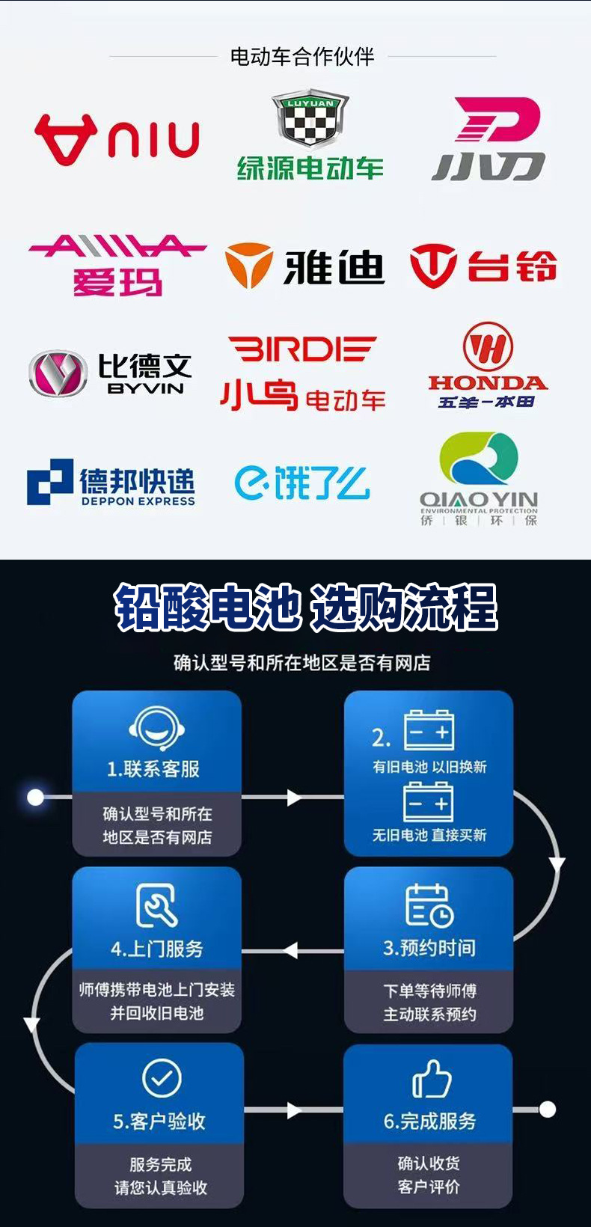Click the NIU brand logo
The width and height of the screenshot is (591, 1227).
pyautogui.click(x=117, y=138)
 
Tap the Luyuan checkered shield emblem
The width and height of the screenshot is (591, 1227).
pyautogui.click(x=310, y=120)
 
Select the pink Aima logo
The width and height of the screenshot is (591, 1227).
pyautogui.click(x=117, y=265)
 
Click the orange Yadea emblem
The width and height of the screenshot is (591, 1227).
pyautogui.click(x=248, y=266)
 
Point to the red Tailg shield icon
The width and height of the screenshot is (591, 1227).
pyautogui.click(x=432, y=266)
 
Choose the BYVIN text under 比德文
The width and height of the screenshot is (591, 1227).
pyautogui.click(x=146, y=388)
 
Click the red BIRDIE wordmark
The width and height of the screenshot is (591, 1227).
pyautogui.click(x=301, y=349)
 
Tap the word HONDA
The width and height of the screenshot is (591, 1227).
pyautogui.click(x=487, y=383)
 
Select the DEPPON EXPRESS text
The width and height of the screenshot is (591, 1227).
pyautogui.click(x=138, y=501)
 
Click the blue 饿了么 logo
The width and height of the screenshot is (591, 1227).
pyautogui.click(x=301, y=483)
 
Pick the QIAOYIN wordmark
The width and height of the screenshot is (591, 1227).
pyautogui.click(x=479, y=499)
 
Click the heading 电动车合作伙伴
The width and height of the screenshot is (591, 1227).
pyautogui.click(x=302, y=56)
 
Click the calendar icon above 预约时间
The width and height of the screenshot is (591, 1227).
pyautogui.click(x=429, y=905)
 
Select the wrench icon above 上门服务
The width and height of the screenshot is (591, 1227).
pyautogui.click(x=157, y=905)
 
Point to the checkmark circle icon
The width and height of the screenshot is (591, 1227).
pyautogui.click(x=162, y=1078)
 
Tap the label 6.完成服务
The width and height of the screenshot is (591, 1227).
pyautogui.click(x=429, y=1121)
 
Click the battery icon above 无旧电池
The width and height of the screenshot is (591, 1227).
pyautogui.click(x=429, y=802)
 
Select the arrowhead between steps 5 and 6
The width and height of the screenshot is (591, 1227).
pyautogui.click(x=294, y=1110)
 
